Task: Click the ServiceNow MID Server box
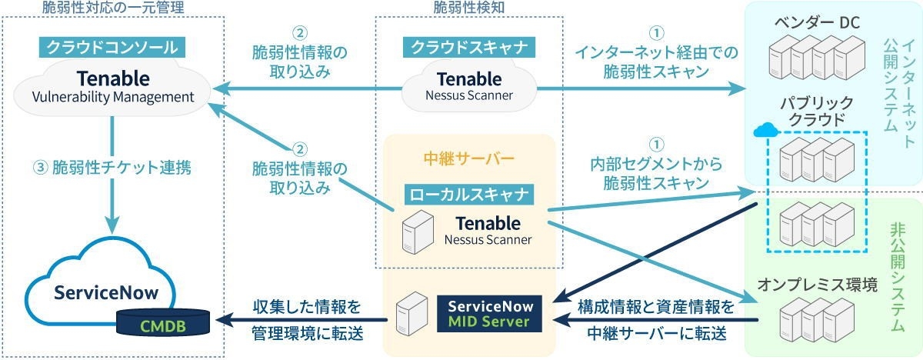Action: [489, 313]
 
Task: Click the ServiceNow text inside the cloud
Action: [106, 293]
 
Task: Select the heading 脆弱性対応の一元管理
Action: [113, 8]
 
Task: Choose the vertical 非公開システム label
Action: [897, 258]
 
